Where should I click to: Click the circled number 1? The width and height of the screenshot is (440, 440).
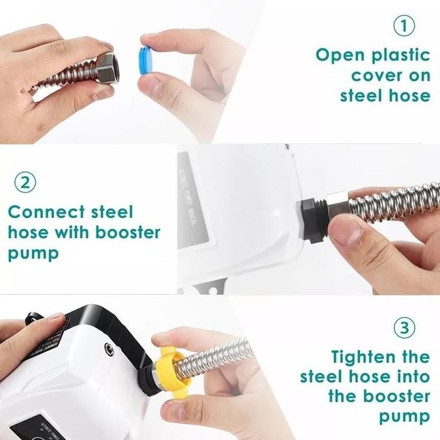404,25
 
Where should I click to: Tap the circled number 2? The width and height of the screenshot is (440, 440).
25,182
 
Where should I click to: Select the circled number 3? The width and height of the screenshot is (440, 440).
404,327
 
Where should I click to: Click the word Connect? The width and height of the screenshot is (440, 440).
46,212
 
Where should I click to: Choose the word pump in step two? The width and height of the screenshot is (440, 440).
33,253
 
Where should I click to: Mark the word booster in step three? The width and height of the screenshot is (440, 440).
396,396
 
